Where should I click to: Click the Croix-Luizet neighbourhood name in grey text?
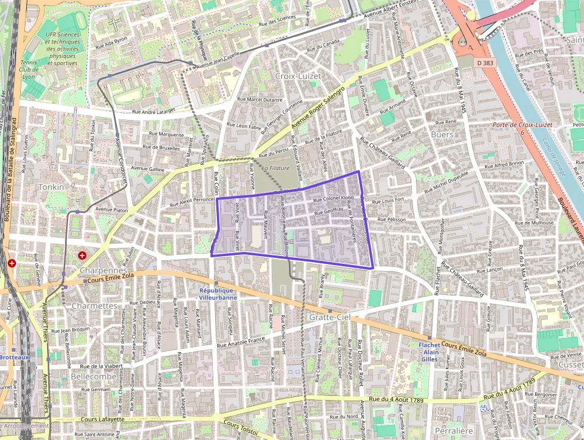coord(298,76)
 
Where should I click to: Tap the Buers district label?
coord(442,135)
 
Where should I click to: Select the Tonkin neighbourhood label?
coord(51,187)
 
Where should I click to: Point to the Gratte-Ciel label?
coord(328,317)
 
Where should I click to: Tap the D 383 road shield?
coord(486,62)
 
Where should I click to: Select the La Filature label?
coord(275,168)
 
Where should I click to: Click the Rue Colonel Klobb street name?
coord(333,199)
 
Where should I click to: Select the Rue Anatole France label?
coord(241,341)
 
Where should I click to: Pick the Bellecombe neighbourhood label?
coord(94,377)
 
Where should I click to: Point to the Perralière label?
coord(454,430)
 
